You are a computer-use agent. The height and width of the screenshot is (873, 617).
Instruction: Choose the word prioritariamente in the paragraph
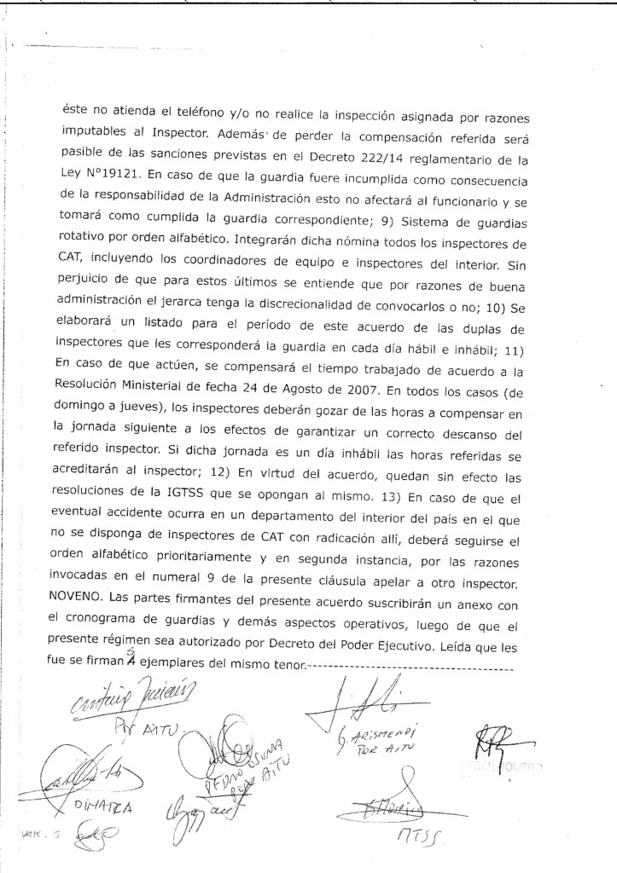179,568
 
